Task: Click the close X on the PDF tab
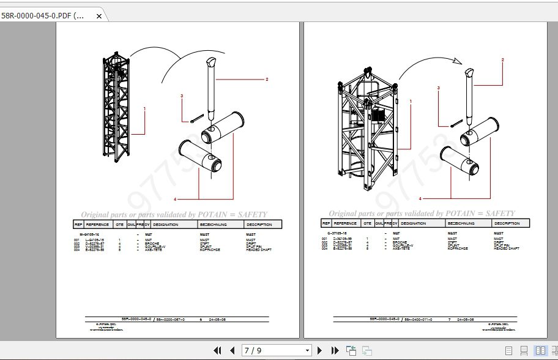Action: click(x=99, y=17)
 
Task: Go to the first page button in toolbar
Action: click(x=217, y=351)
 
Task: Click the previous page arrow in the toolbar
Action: click(x=232, y=351)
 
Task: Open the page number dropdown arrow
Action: click(x=307, y=351)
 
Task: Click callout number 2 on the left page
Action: click(x=267, y=80)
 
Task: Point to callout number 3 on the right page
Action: click(x=439, y=88)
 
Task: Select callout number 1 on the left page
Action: click(x=144, y=108)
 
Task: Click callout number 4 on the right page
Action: click(x=420, y=198)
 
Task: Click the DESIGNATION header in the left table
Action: click(x=165, y=225)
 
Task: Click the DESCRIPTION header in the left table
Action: click(x=259, y=225)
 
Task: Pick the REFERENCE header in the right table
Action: click(x=345, y=223)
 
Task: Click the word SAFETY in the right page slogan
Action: click(x=501, y=214)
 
